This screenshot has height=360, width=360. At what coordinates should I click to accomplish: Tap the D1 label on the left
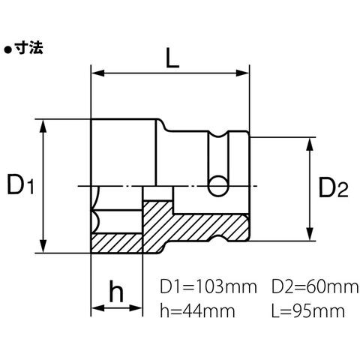(x=20, y=185)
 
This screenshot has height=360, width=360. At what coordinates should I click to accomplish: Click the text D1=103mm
(x=208, y=287)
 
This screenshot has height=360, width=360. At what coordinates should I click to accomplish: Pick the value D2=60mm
(x=315, y=287)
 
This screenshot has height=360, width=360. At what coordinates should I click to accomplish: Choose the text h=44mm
(x=197, y=310)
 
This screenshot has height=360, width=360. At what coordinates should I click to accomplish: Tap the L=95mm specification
(x=308, y=310)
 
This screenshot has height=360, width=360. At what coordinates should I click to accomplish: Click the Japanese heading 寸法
(x=28, y=48)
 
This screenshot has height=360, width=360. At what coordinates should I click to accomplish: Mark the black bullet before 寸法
(x=8, y=50)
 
